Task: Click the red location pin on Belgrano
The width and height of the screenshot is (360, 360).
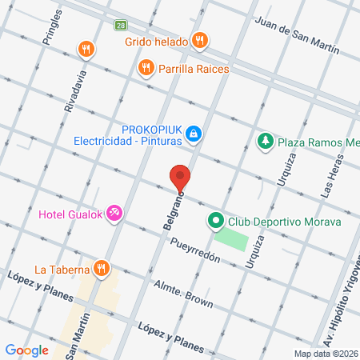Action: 180,178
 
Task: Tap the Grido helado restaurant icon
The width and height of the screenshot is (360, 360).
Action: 200,40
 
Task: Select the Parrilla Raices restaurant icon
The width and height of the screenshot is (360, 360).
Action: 145,68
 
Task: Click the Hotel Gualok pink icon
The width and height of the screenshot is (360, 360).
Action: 114,212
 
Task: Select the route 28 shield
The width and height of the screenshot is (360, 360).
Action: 119,26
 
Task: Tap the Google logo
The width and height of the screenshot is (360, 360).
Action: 26,350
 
